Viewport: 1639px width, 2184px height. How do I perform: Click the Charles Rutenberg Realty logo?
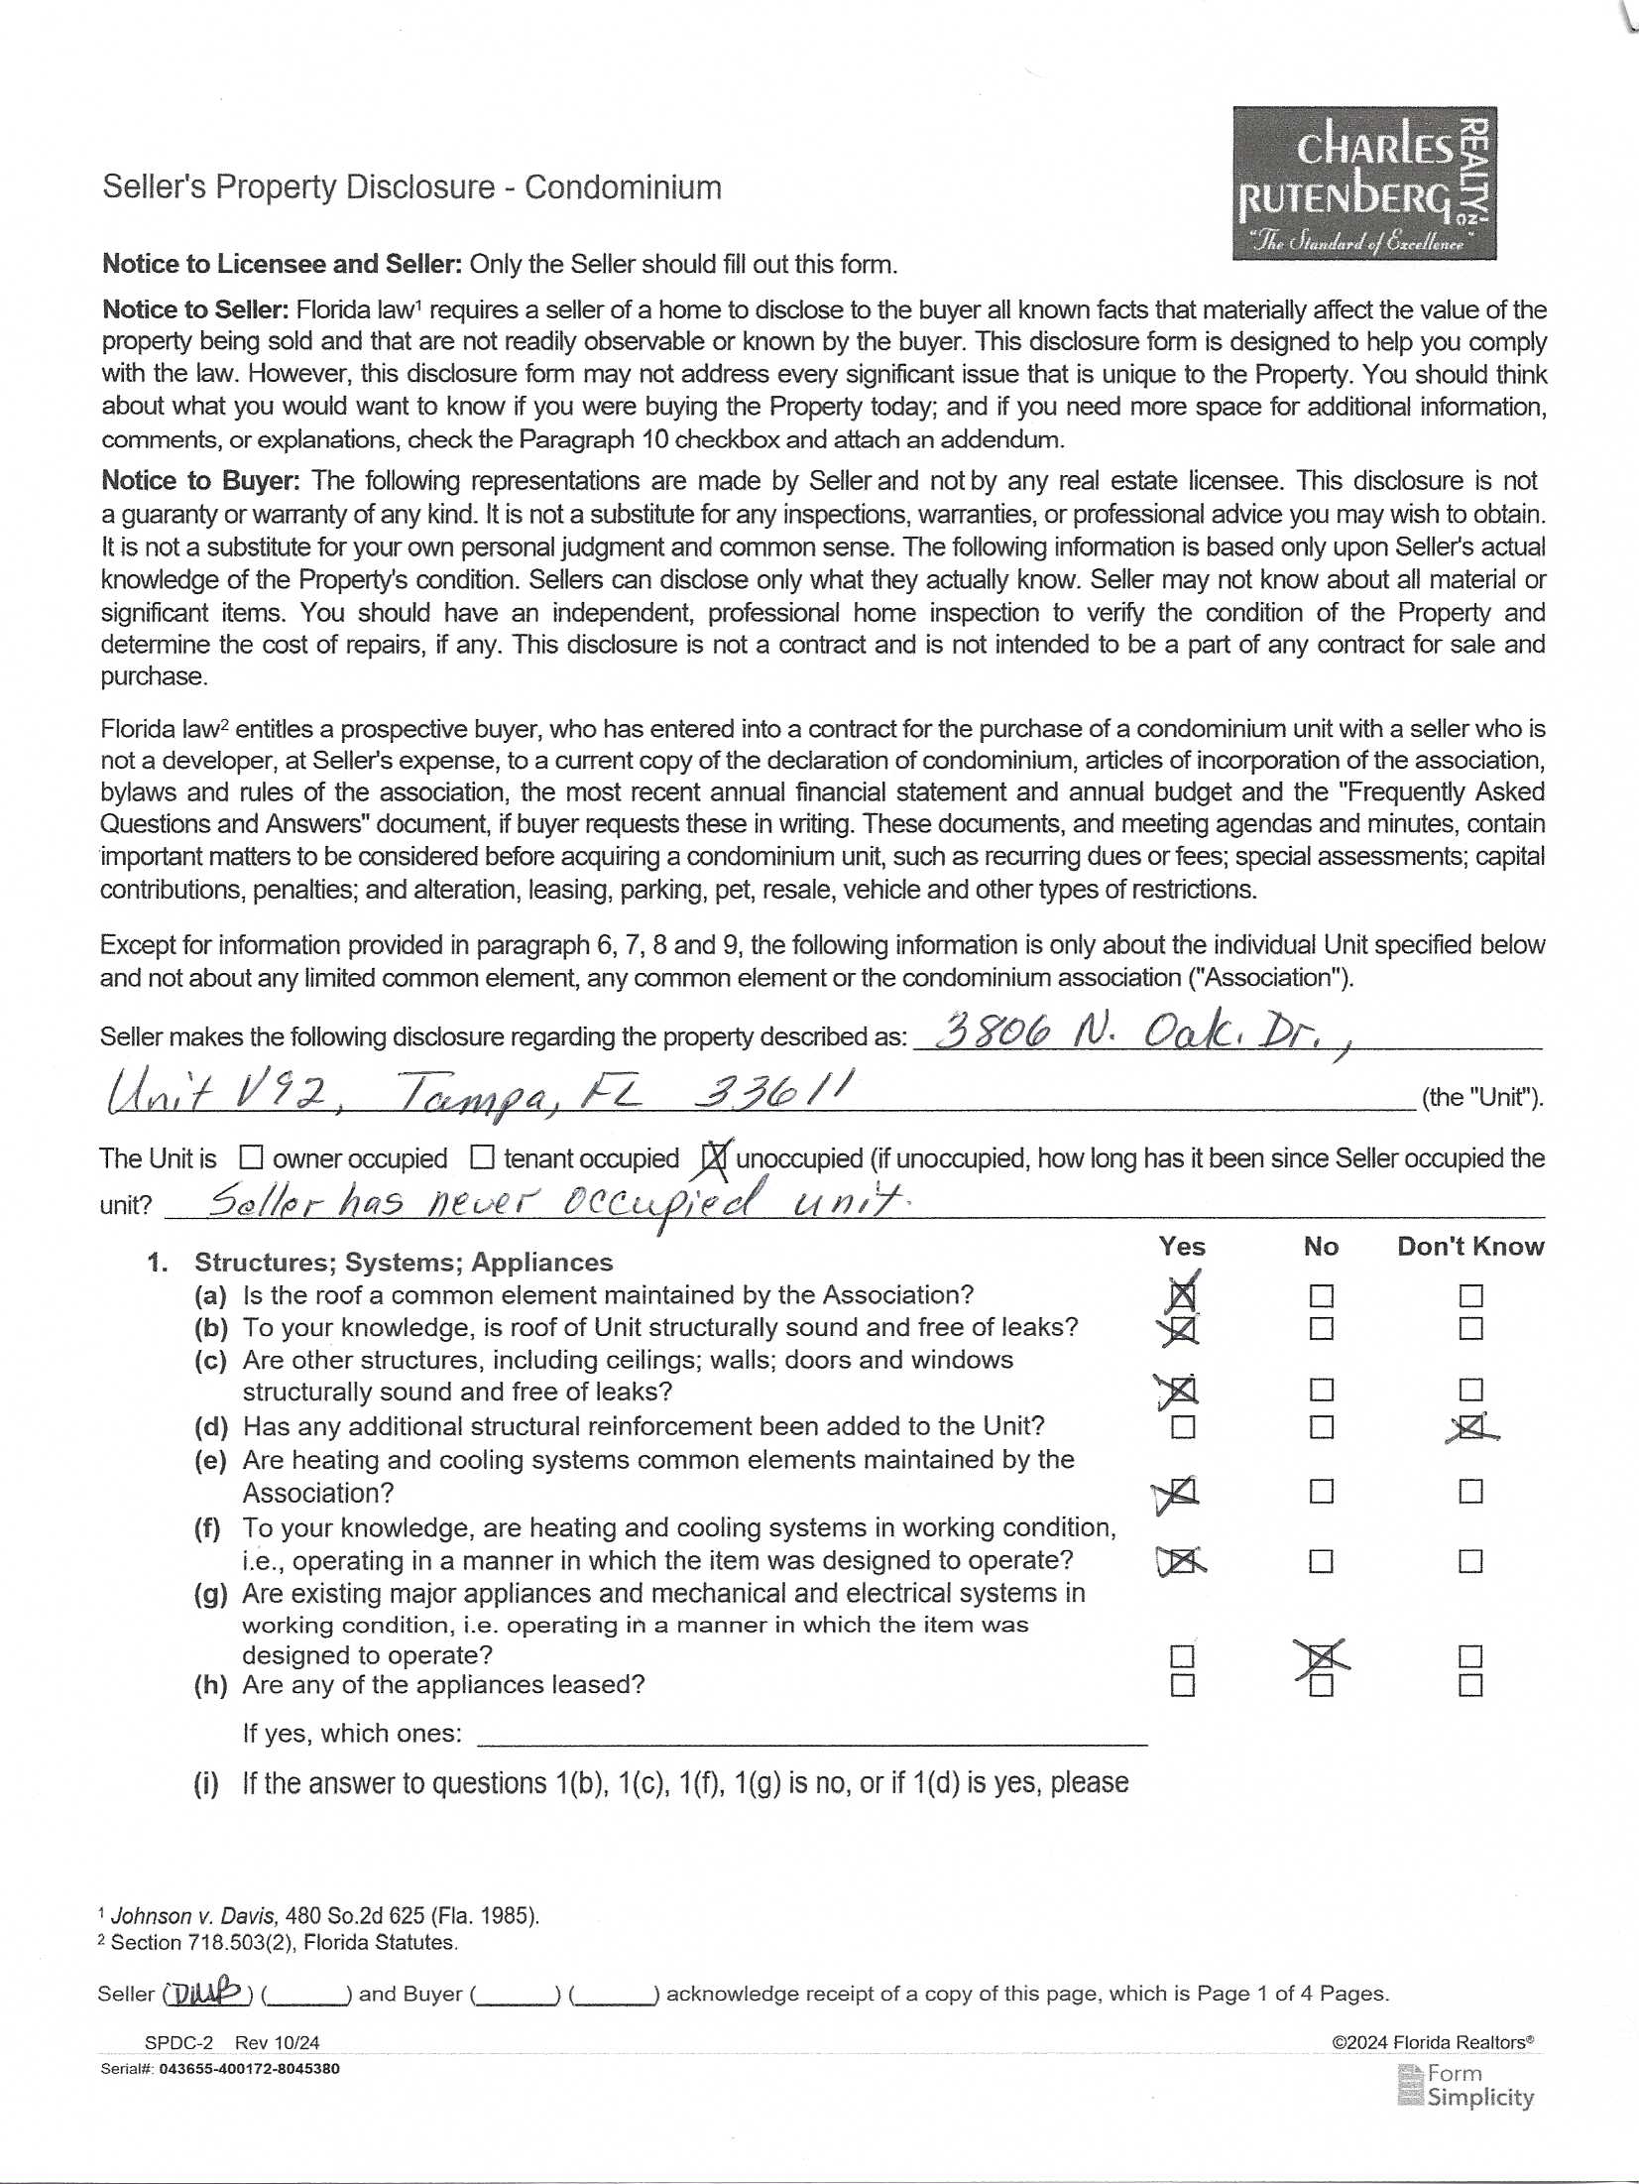coord(1363,182)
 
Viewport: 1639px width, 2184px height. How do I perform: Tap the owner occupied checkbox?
coord(252,1157)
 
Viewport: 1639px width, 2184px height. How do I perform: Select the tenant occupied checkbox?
coord(482,1157)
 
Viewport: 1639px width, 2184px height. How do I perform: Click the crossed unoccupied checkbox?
coord(714,1157)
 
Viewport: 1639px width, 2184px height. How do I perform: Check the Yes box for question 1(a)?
coord(1182,1296)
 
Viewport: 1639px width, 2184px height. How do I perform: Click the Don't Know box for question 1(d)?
coord(1470,1427)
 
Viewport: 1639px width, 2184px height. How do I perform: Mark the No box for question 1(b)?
coord(1321,1329)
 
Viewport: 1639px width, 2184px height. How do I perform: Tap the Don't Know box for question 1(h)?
coord(1470,1685)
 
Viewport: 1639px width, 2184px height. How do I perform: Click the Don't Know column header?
coord(1470,1247)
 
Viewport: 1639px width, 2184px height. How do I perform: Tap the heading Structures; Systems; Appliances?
coord(404,1263)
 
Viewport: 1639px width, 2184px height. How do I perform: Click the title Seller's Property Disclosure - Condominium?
coord(411,187)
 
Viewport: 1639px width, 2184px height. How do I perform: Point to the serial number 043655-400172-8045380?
coord(249,2069)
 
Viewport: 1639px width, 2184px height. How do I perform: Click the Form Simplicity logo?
coord(1465,2086)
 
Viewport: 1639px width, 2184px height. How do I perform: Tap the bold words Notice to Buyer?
coord(200,481)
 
